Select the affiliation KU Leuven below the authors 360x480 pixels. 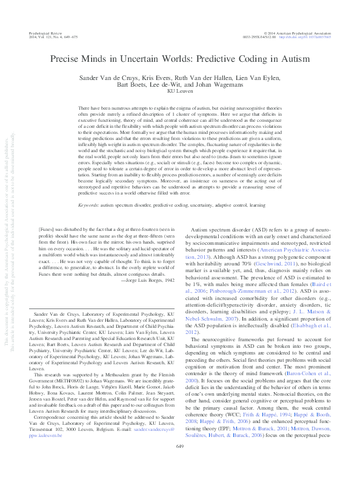pyautogui.click(x=179, y=92)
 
